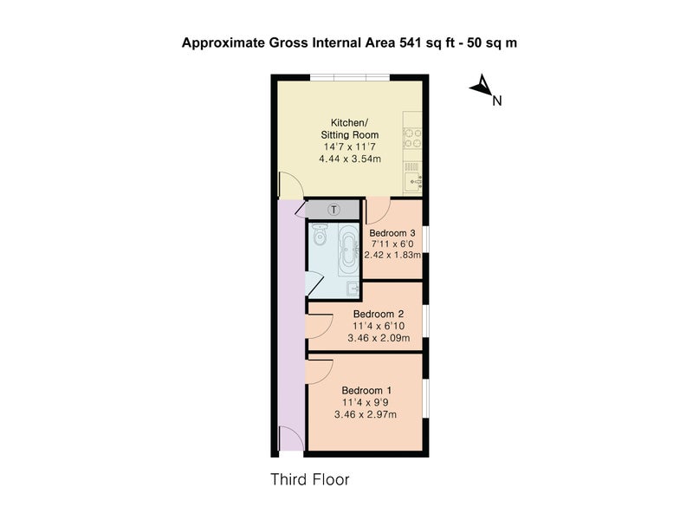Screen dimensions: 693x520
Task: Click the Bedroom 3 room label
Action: pos(392,233)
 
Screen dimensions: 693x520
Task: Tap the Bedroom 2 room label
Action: pos(379,314)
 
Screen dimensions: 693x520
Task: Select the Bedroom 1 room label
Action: pos(366,391)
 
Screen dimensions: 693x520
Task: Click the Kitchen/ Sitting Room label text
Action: pos(350,128)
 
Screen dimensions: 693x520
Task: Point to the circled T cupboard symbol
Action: pos(334,210)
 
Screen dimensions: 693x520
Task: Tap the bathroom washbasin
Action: pos(353,289)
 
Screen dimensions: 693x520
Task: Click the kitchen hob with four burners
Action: pos(412,138)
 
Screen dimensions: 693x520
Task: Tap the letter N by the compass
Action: pos(497,101)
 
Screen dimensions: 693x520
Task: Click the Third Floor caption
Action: pos(310,479)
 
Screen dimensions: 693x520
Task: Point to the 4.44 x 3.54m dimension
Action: pos(350,159)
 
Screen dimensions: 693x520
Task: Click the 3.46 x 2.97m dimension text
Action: pos(366,415)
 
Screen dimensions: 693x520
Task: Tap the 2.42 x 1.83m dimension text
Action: pos(392,255)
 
